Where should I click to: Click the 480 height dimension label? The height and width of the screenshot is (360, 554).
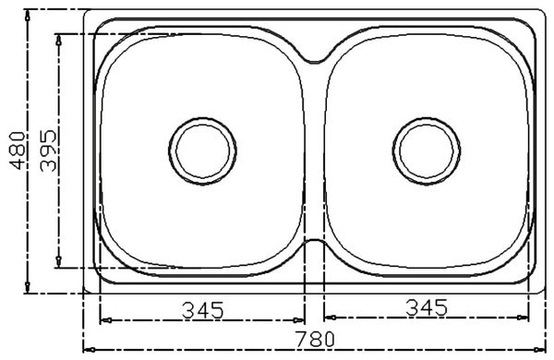pos(18,150)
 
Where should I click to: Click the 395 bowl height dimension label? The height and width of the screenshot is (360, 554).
pos(48,150)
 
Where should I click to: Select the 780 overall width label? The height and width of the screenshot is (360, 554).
pos(315,339)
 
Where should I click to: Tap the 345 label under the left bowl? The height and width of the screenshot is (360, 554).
pos(203,310)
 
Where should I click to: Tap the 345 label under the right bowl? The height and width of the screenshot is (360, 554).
pos(427,307)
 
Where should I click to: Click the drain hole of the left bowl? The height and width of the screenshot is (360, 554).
pos(202,150)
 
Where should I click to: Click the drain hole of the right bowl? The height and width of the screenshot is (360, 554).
pos(427,150)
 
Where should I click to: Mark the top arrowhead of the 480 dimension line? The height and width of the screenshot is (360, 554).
pos(28,16)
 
